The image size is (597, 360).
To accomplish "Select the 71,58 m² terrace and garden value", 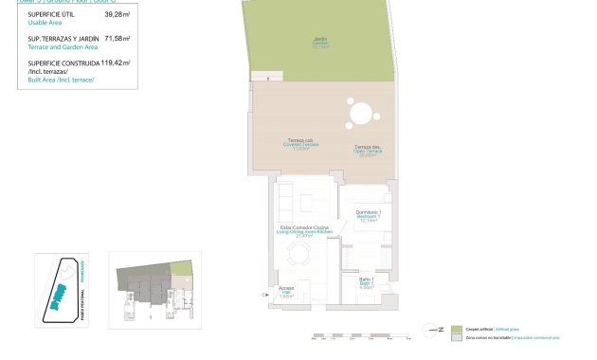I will tap(118, 38).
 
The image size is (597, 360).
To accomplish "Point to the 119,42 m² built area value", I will tap(115, 62).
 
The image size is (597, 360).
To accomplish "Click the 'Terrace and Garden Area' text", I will tap(62, 45).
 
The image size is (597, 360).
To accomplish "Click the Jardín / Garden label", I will tap(320, 41).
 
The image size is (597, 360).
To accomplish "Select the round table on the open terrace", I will tap(361, 115).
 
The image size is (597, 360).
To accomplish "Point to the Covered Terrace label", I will tap(302, 144).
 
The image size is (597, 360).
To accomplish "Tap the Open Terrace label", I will tap(368, 149).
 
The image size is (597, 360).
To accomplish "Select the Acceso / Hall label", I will tap(287, 291).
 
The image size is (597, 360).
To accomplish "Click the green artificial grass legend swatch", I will tap(456, 328).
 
